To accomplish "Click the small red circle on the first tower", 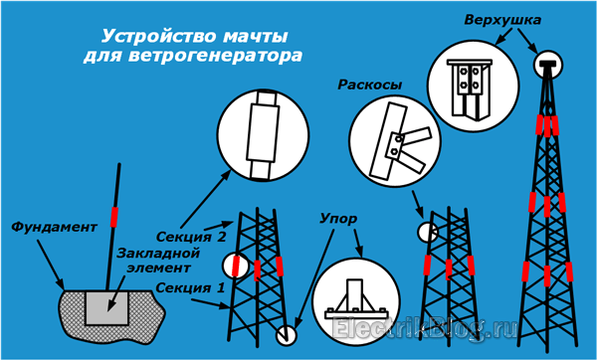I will pos(236,267).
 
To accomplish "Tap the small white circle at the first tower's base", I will pos(286,335).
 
